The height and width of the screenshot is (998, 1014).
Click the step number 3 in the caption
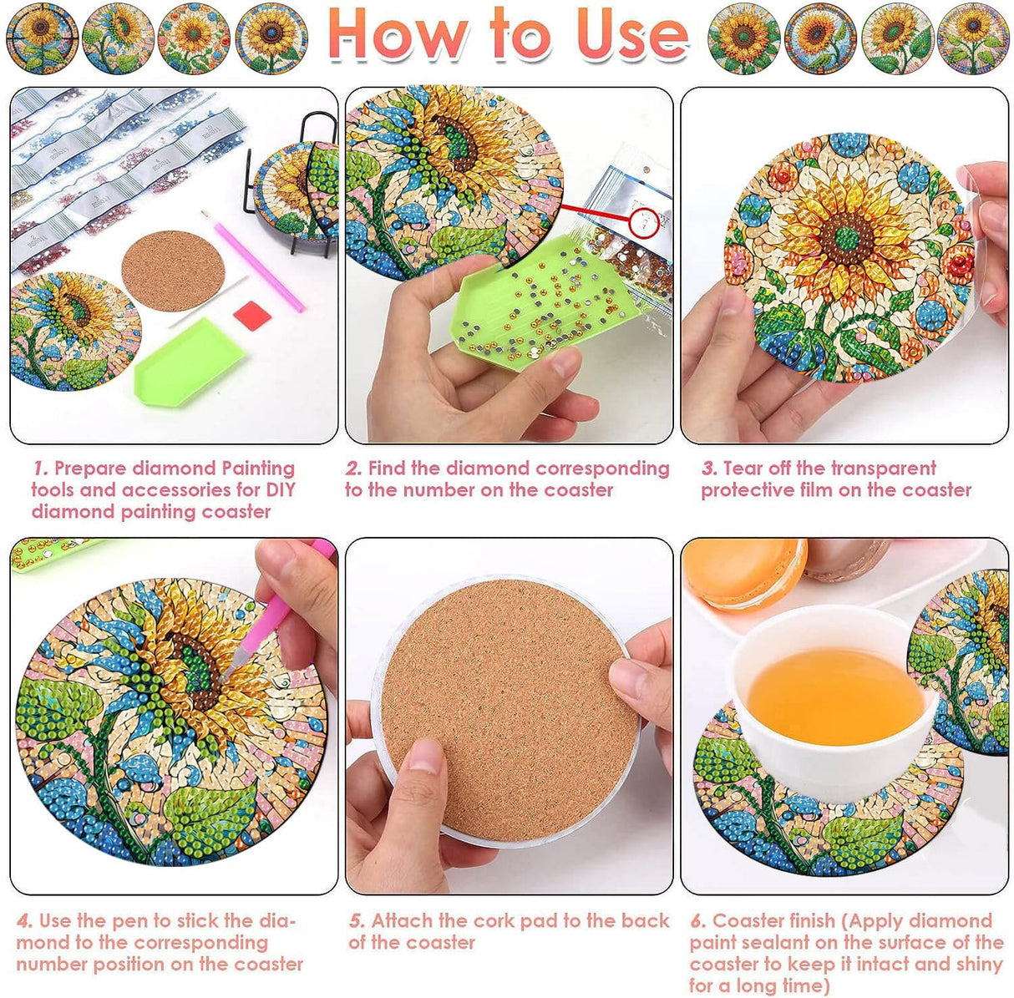(708, 469)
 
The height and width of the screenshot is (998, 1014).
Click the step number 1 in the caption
(39, 469)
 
